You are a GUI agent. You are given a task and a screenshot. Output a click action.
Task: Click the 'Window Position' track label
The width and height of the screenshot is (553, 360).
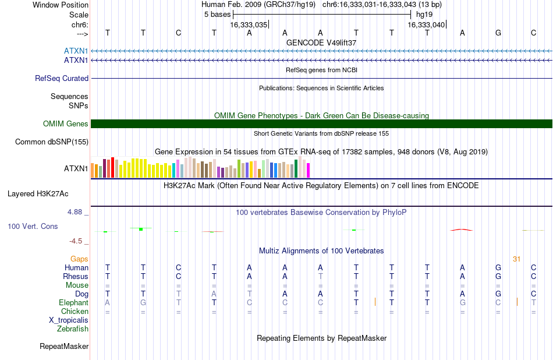click(x=61, y=5)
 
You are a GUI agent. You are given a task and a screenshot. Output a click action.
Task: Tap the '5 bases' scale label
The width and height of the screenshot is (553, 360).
click(x=217, y=15)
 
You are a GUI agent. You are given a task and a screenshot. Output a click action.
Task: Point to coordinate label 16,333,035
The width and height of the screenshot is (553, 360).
click(x=249, y=24)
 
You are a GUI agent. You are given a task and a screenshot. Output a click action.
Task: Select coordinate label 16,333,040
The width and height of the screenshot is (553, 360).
click(x=426, y=24)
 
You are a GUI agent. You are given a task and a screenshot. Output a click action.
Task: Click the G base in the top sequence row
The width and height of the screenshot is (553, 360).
click(x=498, y=33)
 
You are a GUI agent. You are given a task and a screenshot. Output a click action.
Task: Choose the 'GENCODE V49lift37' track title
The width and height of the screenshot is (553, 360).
click(x=321, y=43)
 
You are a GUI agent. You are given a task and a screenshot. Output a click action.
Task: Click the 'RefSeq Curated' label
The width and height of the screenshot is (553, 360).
click(x=62, y=79)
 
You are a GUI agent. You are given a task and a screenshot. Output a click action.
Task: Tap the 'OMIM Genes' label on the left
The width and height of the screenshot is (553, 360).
click(x=66, y=124)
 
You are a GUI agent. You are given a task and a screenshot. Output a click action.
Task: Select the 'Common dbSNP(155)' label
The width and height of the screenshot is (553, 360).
click(x=52, y=142)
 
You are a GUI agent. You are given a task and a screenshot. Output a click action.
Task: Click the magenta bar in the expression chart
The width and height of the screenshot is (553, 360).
click(x=309, y=170)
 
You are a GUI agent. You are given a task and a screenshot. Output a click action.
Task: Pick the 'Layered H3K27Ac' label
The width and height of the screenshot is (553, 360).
click(x=38, y=194)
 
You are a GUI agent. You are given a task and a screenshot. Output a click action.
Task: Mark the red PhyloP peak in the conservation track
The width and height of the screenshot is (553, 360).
click(x=462, y=230)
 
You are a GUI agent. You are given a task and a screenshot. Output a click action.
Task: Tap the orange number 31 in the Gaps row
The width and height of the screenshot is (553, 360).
click(x=517, y=259)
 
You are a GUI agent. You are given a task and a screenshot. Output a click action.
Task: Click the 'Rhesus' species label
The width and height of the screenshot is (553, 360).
click(x=76, y=276)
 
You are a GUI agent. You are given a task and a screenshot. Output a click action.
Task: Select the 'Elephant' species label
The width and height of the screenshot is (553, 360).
click(x=74, y=303)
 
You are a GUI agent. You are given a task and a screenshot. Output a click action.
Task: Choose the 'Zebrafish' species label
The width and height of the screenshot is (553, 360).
click(x=73, y=329)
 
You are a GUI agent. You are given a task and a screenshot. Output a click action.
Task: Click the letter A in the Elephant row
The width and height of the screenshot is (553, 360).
click(x=107, y=303)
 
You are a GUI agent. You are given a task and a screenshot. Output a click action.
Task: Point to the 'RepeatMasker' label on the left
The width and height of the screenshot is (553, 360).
click(x=64, y=347)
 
